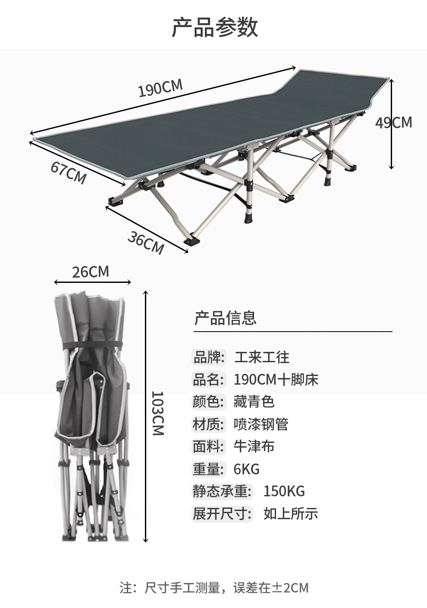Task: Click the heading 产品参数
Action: click(214, 27)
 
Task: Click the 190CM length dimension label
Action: click(160, 88)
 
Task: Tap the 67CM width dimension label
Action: click(68, 172)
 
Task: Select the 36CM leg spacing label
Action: click(145, 242)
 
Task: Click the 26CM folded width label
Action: click(91, 272)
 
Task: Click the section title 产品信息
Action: click(225, 318)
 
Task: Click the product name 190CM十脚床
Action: click(276, 379)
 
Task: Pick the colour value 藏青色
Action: click(254, 401)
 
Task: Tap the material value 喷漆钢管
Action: click(261, 424)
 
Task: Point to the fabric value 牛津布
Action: click(254, 446)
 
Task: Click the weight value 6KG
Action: click(247, 469)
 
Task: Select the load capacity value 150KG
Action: click(284, 491)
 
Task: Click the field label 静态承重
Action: click(221, 491)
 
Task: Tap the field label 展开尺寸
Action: click(221, 514)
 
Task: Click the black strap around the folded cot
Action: click(91, 347)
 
